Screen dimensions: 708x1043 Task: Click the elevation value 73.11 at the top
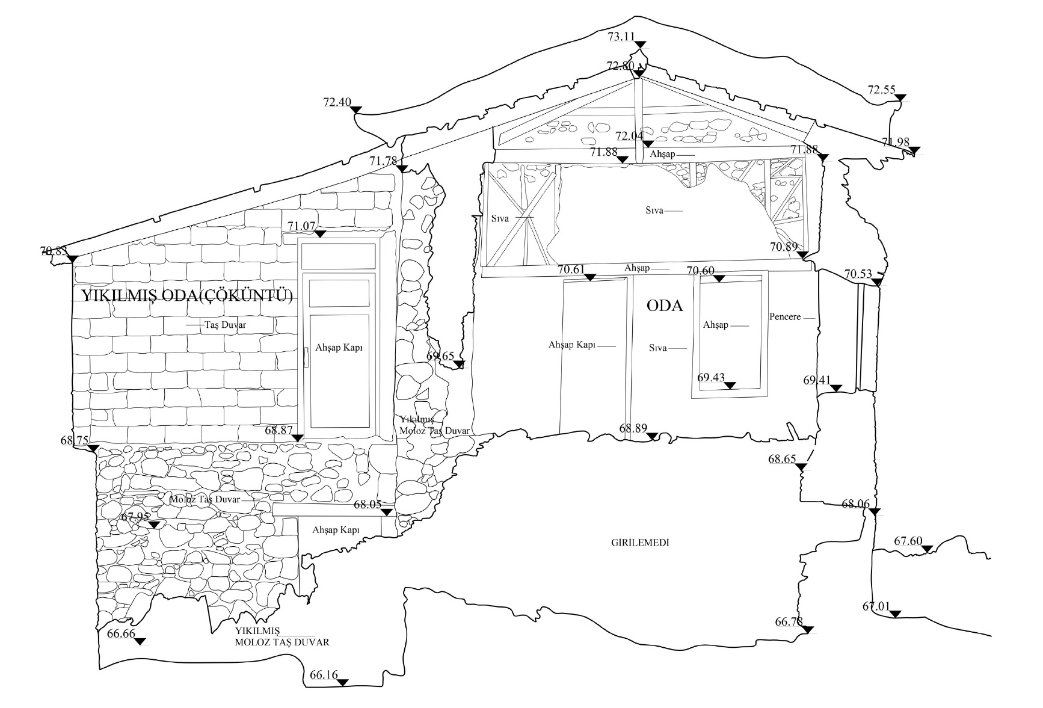(x=621, y=37)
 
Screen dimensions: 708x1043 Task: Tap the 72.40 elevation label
(x=337, y=102)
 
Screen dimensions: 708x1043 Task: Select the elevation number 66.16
(x=324, y=675)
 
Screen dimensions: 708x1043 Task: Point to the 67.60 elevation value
(x=908, y=541)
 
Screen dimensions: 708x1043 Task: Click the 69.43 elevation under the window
(x=711, y=378)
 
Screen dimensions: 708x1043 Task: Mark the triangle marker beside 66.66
(x=140, y=642)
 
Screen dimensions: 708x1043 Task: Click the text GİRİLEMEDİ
(x=640, y=543)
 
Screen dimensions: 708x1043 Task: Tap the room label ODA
(x=665, y=306)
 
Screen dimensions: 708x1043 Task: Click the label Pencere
(x=785, y=316)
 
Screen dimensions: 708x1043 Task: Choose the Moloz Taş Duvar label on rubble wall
(x=205, y=500)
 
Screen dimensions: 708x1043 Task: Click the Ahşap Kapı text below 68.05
(x=336, y=530)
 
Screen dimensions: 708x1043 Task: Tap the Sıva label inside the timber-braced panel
(x=500, y=218)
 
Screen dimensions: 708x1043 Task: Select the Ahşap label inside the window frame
(x=716, y=325)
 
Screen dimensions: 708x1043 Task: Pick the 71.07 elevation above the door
(x=301, y=226)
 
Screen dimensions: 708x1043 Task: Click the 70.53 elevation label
(x=858, y=274)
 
